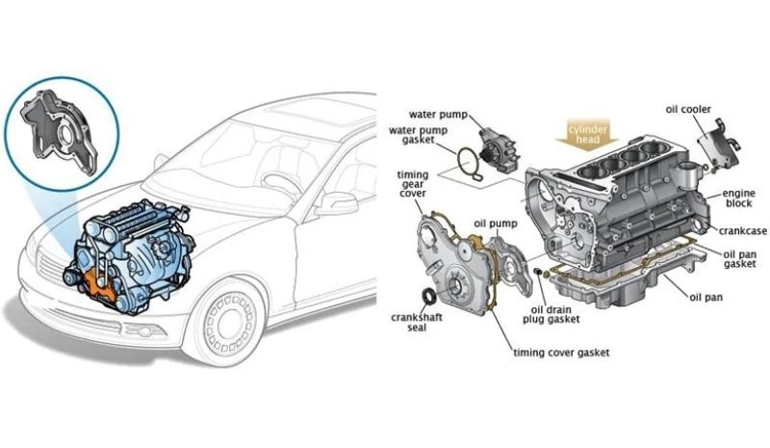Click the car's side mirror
(x=336, y=202)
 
